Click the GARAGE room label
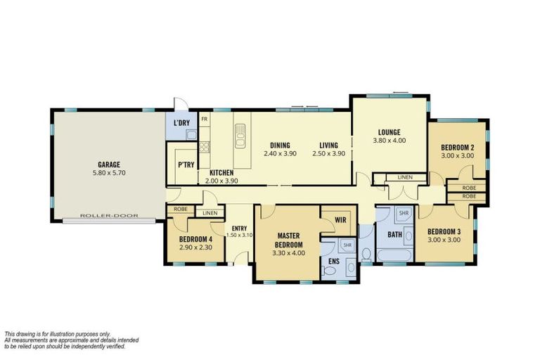pyautogui.click(x=109, y=165)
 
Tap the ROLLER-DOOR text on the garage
pyautogui.click(x=109, y=216)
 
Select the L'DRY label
pyautogui.click(x=181, y=124)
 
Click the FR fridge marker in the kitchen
pyautogui.click(x=205, y=120)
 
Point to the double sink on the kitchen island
pyautogui.click(x=240, y=134)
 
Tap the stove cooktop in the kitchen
pyautogui.click(x=205, y=147)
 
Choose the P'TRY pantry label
pyautogui.click(x=186, y=165)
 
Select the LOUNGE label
pyautogui.click(x=389, y=131)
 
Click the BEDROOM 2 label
pyautogui.click(x=457, y=147)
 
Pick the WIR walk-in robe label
pyautogui.click(x=341, y=220)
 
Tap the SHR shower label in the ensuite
pyautogui.click(x=347, y=245)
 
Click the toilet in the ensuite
pyautogui.click(x=366, y=255)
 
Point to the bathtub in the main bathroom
pyautogui.click(x=396, y=255)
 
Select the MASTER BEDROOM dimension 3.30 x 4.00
pyautogui.click(x=289, y=252)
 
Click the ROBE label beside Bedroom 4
pyautogui.click(x=180, y=209)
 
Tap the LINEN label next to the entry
pyautogui.click(x=210, y=212)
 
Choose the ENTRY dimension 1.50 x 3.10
pyautogui.click(x=239, y=235)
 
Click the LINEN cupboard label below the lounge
pyautogui.click(x=405, y=177)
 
